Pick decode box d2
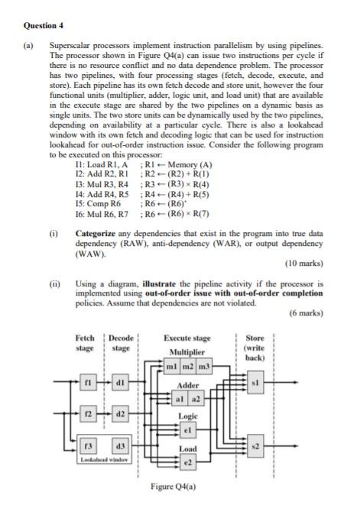[x=120, y=413]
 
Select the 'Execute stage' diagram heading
[x=187, y=337]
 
